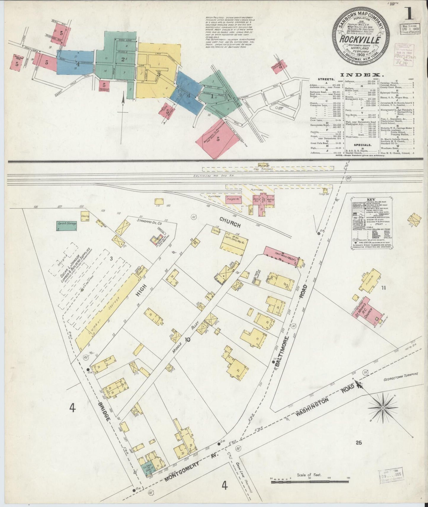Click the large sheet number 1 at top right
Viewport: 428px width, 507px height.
tap(410, 13)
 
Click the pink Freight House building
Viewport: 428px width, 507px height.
tap(233, 200)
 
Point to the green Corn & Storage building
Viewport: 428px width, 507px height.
tap(66, 226)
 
